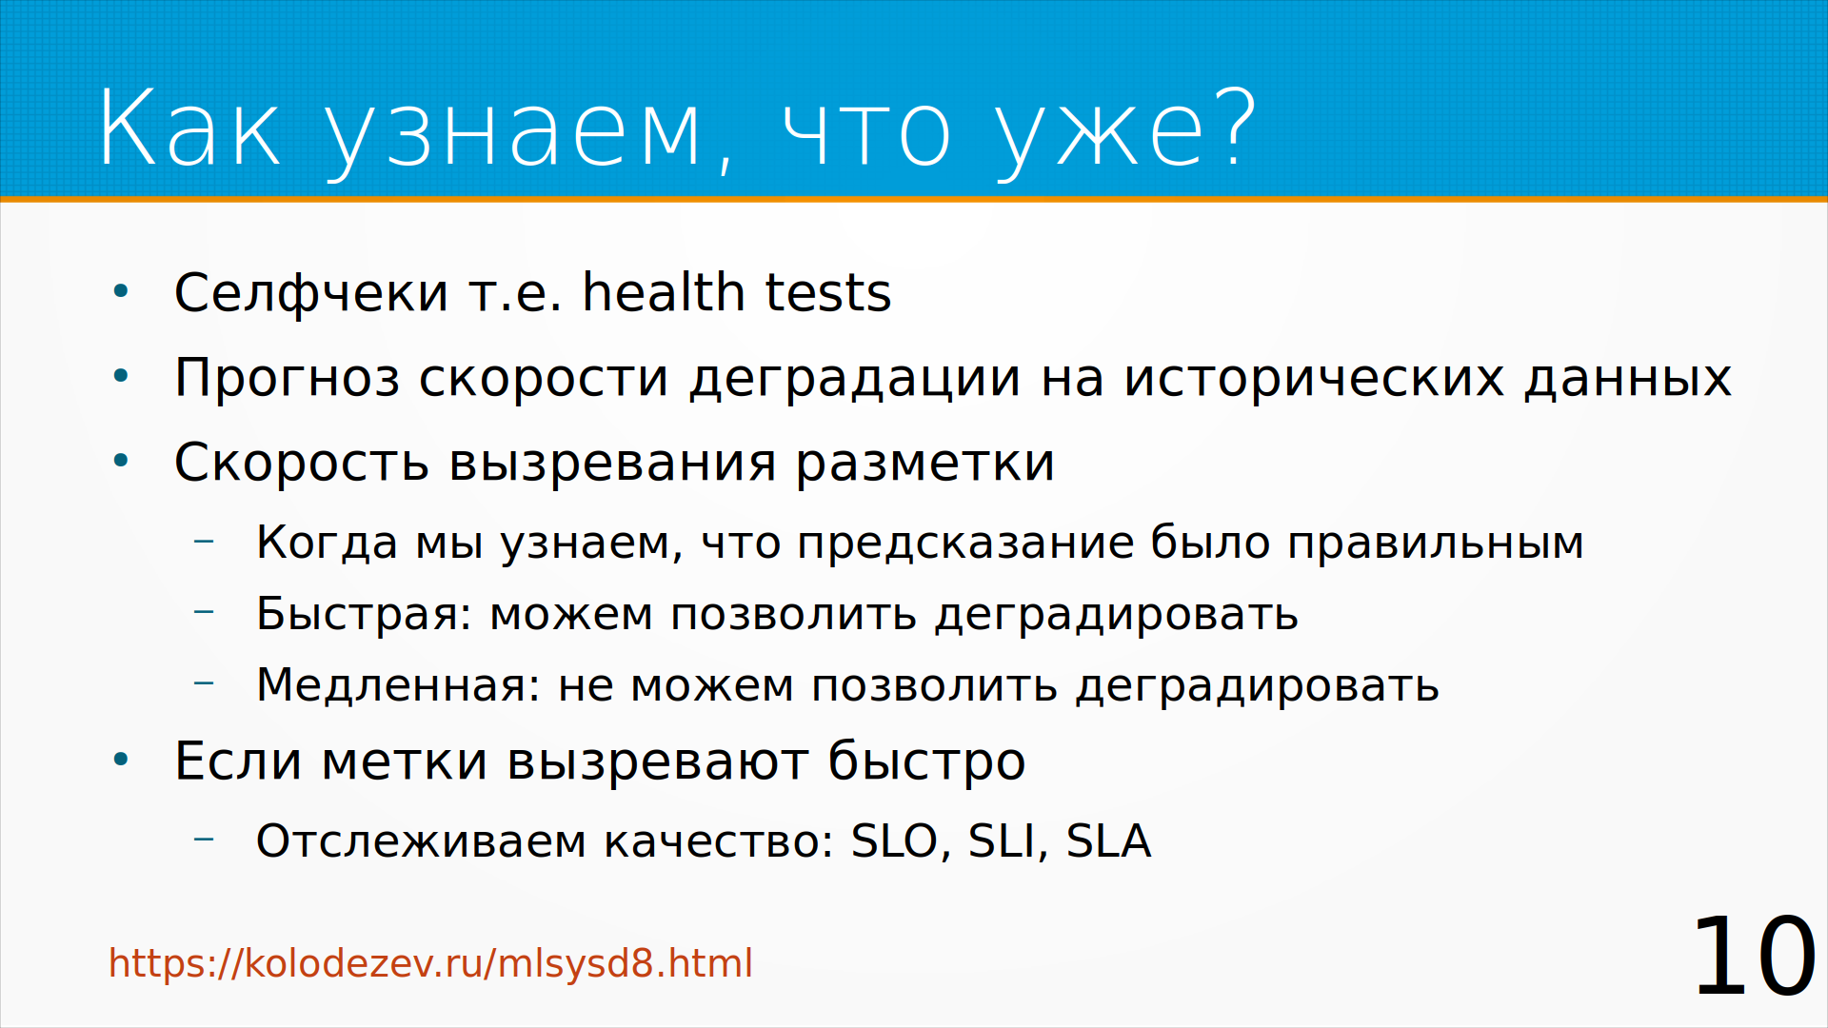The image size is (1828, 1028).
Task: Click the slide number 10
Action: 1754,957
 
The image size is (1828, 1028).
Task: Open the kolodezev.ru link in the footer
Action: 430,963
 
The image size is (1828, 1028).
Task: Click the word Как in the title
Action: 189,128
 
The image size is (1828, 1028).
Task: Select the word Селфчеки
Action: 311,292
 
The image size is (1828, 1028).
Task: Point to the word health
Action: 664,291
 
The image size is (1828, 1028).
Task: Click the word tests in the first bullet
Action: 828,293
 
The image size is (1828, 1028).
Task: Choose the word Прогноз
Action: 288,377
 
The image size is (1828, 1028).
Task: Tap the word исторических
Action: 1315,378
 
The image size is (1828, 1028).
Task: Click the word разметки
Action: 925,465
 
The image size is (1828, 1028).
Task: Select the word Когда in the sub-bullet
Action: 328,543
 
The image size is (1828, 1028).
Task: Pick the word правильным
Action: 1436,544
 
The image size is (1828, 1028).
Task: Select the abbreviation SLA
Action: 1108,841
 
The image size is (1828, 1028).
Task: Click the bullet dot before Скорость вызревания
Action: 121,462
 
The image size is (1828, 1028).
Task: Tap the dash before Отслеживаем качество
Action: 204,840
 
